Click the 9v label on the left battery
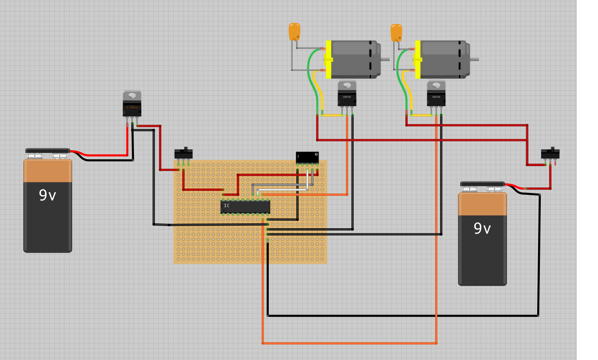[47, 195]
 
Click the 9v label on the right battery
[482, 228]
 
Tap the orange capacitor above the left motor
[294, 32]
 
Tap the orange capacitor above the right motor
[396, 33]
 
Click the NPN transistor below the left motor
[347, 94]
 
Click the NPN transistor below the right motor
[436, 94]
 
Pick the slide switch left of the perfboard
[183, 154]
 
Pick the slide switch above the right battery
[550, 154]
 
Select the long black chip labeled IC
[245, 207]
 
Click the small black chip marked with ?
[307, 157]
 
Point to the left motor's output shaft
[385, 59]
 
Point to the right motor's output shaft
[474, 59]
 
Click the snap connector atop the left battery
[48, 151]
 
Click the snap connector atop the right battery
[482, 184]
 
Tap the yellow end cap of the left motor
[328, 59]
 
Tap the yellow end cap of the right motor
[418, 59]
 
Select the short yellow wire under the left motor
[332, 115]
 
